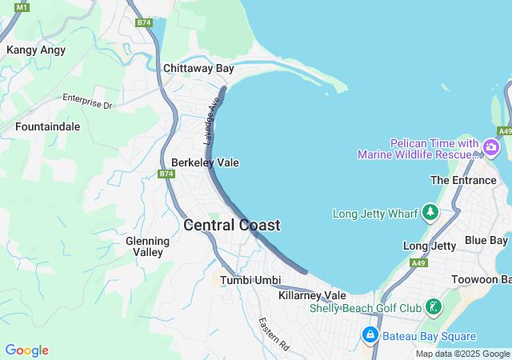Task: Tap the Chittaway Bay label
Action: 198,69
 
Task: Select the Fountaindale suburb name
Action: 47,126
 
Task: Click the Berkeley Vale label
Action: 205,162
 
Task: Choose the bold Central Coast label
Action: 232,225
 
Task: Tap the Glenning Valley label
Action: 148,246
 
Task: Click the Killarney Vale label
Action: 312,295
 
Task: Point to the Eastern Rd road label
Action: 274,334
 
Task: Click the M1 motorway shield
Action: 22,7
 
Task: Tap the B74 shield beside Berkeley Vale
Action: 166,174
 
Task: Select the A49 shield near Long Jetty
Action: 418,262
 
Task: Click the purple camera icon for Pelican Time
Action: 490,148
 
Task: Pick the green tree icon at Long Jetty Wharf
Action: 430,213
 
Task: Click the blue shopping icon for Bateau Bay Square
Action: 370,336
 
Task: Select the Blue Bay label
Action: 486,240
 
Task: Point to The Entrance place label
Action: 463,180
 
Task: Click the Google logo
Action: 26,350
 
